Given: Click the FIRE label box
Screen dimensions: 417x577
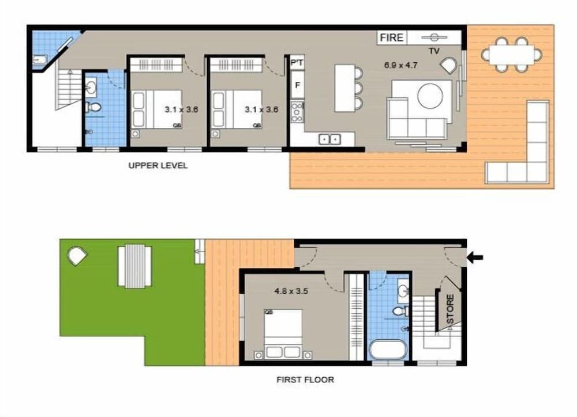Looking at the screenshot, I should (392, 38).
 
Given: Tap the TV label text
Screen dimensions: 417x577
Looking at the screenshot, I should (434, 51).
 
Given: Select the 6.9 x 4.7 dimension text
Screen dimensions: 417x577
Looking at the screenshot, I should (401, 65).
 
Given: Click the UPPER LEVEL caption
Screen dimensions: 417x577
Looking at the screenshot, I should (158, 166).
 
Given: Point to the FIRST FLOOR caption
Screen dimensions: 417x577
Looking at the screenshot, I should (305, 380).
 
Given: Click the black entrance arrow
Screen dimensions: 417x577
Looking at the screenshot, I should (475, 257).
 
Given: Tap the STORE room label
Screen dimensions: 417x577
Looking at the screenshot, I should (450, 309).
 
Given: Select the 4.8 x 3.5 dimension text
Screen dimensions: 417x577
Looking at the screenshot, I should (291, 291).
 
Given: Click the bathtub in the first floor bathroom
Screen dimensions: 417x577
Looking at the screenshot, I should (388, 350).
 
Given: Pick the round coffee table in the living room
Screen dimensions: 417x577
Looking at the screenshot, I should (430, 96).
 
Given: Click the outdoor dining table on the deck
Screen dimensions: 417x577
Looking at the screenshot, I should (512, 54).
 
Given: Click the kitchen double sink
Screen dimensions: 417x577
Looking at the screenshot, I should (329, 139).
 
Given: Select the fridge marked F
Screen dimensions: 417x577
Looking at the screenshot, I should (297, 86).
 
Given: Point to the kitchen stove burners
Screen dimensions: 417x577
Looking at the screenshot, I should (297, 112).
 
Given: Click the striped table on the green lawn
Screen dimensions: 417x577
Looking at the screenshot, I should (135, 266).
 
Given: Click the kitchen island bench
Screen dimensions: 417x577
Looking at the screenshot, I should (344, 88).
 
